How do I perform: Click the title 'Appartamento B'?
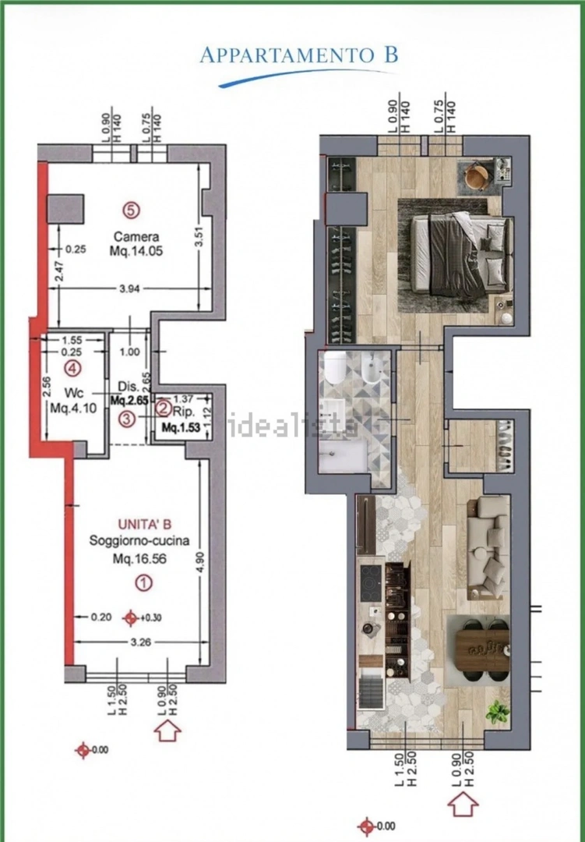299,55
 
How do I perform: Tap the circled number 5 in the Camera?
131,210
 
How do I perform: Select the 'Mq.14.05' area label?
136,251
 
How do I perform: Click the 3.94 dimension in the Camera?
129,289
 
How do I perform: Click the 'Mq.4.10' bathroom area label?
73,408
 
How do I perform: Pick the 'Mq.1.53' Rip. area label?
181,428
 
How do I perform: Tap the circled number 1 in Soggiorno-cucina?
143,582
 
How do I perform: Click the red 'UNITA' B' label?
145,524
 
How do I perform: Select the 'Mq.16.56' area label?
139,559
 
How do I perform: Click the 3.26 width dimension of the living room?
141,642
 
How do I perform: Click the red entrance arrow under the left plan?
167,731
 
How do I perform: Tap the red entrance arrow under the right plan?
463,805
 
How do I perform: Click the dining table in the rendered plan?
482,651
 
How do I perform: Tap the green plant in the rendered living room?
498,713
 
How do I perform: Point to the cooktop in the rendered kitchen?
370,578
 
